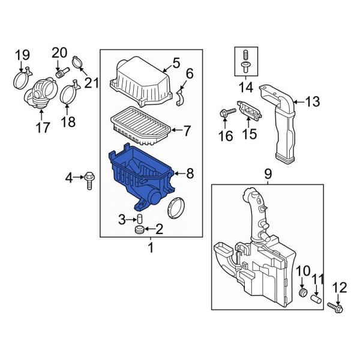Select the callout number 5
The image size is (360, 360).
pyautogui.click(x=176, y=62)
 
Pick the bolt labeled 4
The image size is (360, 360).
pyautogui.click(x=89, y=178)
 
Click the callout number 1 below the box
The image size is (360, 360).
pyautogui.click(x=151, y=247)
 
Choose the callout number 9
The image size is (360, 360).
pyautogui.click(x=268, y=174)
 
